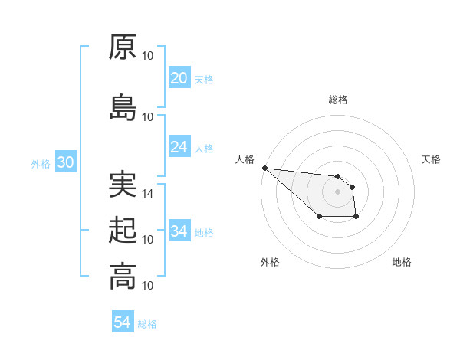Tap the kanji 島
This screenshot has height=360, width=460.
[123, 108]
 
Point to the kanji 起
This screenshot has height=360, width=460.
[123, 231]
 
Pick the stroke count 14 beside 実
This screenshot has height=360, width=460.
[149, 194]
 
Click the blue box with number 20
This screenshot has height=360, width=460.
[179, 78]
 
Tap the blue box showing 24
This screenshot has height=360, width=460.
[179, 147]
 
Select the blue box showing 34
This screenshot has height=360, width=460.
[179, 231]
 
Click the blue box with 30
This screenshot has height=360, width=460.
[65, 162]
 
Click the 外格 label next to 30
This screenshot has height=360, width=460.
[41, 163]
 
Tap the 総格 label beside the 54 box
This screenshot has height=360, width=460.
[147, 324]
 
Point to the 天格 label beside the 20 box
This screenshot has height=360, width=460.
[204, 79]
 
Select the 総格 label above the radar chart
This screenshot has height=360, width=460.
[338, 100]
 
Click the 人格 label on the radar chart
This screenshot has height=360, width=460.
[245, 159]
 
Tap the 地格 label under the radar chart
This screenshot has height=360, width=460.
[402, 262]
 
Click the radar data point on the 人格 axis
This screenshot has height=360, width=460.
[264, 168]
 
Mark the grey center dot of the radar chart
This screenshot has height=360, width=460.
[338, 191]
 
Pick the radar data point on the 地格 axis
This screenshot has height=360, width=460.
[356, 218]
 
